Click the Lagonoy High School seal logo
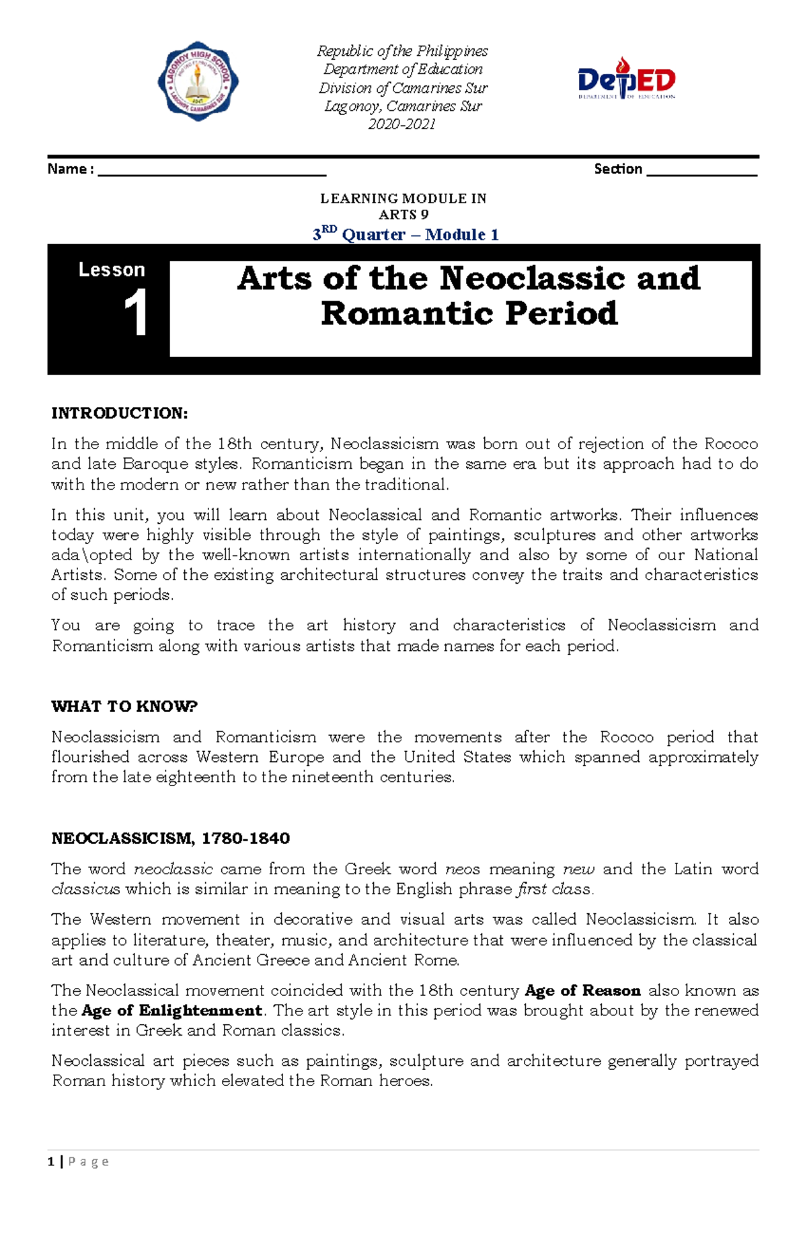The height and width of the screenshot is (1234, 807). tap(198, 81)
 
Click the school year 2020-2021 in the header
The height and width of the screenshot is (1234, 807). tap(401, 124)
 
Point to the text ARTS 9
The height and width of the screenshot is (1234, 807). tap(403, 215)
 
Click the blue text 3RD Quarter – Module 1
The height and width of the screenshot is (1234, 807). tap(406, 234)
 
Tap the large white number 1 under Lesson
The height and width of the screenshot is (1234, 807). tap(136, 313)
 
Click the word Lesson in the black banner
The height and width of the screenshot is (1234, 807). tap(112, 270)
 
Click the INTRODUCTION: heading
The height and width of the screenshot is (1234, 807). tap(120, 413)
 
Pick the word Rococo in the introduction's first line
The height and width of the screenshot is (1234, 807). tap(730, 444)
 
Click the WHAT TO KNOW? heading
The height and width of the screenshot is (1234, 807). tap(124, 706)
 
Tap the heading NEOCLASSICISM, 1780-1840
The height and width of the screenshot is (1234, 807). tap(171, 838)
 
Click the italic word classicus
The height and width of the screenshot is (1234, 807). tap(85, 889)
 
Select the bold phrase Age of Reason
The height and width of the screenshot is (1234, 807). tap(582, 991)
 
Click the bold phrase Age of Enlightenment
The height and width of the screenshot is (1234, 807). tap(171, 1011)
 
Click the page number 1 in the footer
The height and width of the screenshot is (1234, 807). tap(51, 1161)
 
